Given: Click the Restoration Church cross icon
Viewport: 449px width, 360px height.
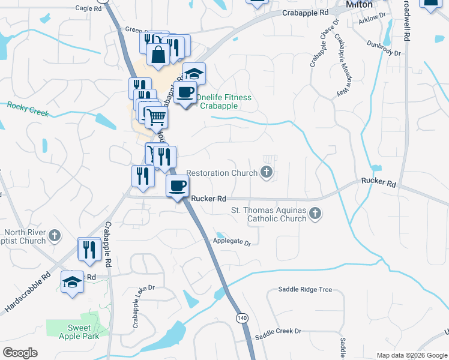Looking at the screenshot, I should click(267, 173).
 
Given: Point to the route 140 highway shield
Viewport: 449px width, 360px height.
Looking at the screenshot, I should click(242, 317).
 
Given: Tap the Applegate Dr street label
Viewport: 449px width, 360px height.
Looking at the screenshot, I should click(231, 241).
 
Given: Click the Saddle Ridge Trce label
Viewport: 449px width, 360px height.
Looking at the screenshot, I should click(305, 289).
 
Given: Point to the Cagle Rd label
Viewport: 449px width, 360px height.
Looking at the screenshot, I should click(89, 8).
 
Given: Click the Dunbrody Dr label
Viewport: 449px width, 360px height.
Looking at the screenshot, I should click(384, 48).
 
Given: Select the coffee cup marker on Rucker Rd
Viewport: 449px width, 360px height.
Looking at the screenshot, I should click(177, 185).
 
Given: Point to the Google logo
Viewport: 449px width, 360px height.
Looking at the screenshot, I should click(20, 353).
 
